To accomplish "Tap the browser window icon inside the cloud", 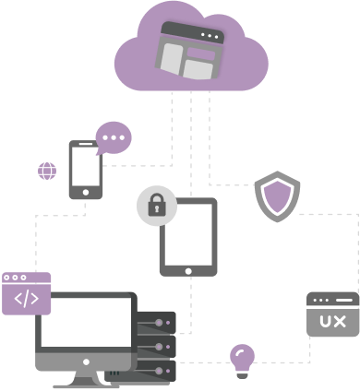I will pos(191,51).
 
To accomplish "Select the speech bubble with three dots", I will pos(114,139).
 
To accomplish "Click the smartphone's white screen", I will pos(86,166).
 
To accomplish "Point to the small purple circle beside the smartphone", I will pos(46,171).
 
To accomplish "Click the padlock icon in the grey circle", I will pos(156,205).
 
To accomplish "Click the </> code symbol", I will pos(26,298).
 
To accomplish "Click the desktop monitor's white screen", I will pos(86,323).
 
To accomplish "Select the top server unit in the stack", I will pos(156,324).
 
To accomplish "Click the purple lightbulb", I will pos(242,358).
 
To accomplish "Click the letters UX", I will pos(332,321).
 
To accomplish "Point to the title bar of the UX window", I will pos(332,301).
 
